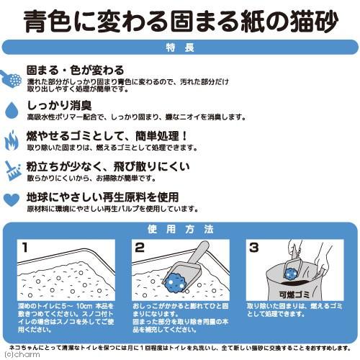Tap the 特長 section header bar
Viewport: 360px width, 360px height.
tap(180, 48)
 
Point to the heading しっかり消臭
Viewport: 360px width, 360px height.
tap(57, 103)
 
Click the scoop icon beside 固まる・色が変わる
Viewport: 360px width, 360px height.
tap(13, 77)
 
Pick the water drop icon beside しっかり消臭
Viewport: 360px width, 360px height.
tap(12, 108)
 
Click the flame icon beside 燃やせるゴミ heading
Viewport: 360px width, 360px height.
tap(12, 140)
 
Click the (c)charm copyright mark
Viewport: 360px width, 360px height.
tap(17, 354)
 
